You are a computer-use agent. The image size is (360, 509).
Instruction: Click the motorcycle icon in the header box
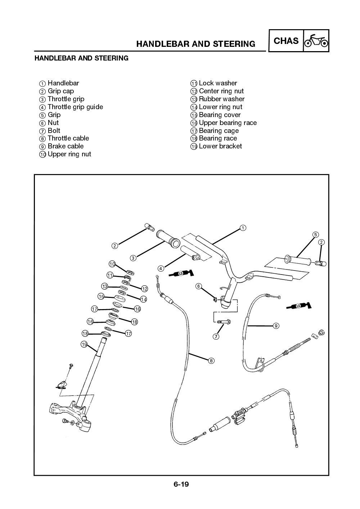coord(316,41)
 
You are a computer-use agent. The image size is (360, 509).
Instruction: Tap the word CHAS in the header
coord(286,41)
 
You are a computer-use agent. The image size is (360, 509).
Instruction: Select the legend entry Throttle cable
coord(68,138)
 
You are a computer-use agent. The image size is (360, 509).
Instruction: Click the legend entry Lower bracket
coord(220,146)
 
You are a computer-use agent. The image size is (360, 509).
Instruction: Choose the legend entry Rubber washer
coord(221,99)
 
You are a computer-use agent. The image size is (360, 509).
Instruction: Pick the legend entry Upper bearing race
coord(228,123)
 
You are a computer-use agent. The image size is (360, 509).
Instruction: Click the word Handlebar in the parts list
coord(63,83)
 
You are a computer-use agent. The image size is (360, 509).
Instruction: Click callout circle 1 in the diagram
coord(243,228)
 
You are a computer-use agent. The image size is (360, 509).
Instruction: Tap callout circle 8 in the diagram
coord(211,360)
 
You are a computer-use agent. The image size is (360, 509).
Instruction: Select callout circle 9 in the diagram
coord(276,326)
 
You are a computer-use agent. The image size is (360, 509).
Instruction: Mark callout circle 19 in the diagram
coord(84,345)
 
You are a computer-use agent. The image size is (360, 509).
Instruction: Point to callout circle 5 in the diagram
coord(315,235)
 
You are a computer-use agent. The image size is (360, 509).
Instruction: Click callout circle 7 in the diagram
coord(216,337)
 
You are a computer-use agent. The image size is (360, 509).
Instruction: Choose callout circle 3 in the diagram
coord(133,258)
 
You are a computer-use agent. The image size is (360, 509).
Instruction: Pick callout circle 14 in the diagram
coord(144,299)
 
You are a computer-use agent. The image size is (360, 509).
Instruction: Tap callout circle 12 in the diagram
coord(145,289)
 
